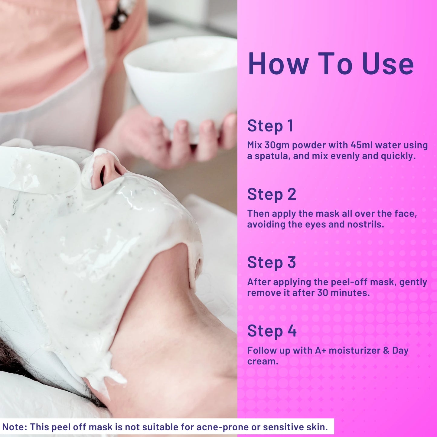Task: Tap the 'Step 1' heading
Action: click(x=270, y=126)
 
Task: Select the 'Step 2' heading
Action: click(x=272, y=194)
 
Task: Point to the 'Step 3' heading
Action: click(x=272, y=263)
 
